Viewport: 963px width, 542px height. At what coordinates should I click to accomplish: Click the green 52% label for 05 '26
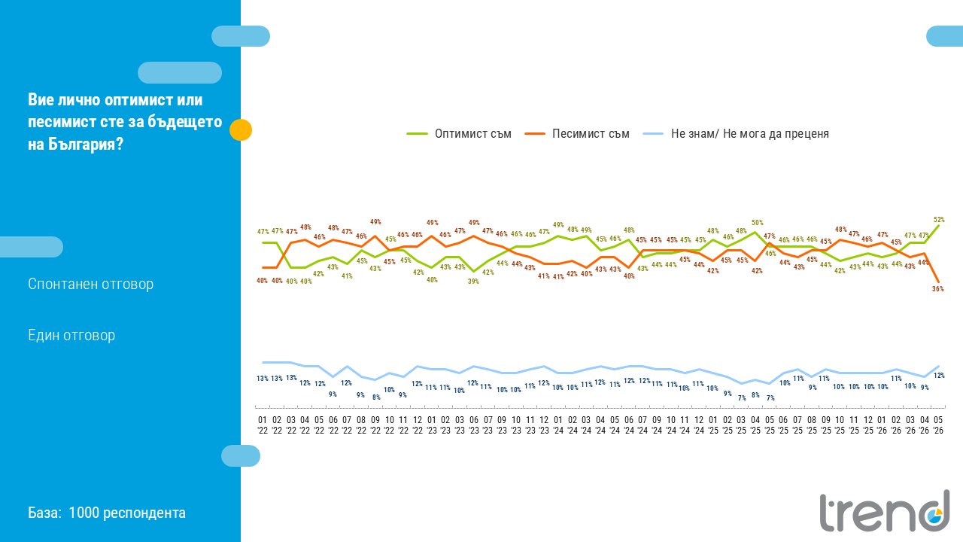point(939,219)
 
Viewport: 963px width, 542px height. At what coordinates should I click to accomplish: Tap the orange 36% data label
point(938,288)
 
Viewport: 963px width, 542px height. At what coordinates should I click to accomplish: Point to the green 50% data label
point(758,222)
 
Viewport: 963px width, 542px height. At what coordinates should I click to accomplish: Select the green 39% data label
point(473,281)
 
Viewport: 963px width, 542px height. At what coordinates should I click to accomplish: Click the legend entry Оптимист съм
point(459,134)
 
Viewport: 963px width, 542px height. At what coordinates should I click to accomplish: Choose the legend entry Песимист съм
point(577,134)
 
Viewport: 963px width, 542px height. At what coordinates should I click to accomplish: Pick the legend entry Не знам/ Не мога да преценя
point(736,134)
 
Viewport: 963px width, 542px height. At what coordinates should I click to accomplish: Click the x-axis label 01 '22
point(263,425)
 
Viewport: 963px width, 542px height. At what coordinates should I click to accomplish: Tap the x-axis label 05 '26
point(938,425)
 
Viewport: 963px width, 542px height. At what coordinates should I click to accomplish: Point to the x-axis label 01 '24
point(558,425)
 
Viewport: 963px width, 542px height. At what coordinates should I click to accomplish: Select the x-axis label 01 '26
point(882,425)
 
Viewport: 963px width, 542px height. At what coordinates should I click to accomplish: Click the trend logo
point(885,512)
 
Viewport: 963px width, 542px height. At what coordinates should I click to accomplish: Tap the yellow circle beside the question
point(241,130)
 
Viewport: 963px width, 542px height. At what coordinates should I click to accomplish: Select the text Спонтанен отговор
point(91,284)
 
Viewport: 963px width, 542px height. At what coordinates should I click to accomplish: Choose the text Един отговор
point(71,335)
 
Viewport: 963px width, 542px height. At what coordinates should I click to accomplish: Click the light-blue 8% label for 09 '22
point(376,397)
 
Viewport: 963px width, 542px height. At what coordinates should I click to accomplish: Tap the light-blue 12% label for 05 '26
point(939,375)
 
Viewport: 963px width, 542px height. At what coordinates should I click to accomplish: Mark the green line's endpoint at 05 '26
point(938,225)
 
